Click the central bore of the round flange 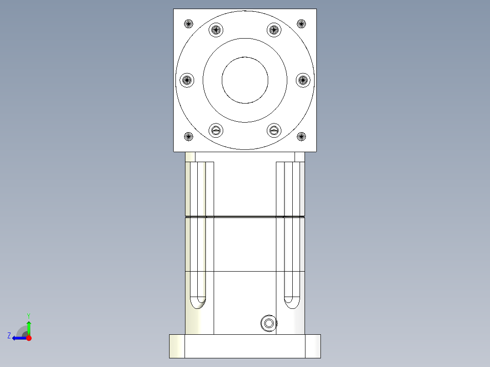coord(245,80)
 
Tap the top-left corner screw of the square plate coord(189,24)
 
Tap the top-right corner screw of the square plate coord(301,24)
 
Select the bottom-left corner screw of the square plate coord(189,136)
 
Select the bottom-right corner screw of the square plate coord(301,136)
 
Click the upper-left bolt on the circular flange coord(216,30)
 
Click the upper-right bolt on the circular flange coord(274,30)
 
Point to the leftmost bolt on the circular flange coord(187,80)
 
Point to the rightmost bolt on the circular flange coord(303,80)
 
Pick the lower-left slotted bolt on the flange coord(216,130)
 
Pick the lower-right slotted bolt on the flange coord(274,130)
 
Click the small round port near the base coord(268,323)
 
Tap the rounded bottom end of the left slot coord(198,302)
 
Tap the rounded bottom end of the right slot coord(291,302)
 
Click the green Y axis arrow coord(29,326)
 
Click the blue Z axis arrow coord(18,338)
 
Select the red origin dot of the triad coord(29,338)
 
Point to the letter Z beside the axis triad coord(9,336)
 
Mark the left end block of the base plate coord(177,346)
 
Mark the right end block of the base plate coord(313,346)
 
